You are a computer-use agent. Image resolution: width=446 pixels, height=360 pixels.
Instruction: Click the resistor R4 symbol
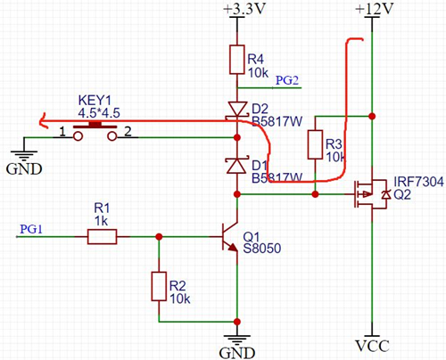pyautogui.click(x=236, y=61)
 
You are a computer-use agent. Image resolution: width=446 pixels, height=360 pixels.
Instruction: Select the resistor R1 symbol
pyautogui.click(x=101, y=236)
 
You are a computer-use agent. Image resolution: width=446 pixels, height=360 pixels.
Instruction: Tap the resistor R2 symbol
pyautogui.click(x=159, y=286)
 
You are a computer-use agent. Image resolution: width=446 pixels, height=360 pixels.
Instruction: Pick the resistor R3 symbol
pyautogui.click(x=313, y=144)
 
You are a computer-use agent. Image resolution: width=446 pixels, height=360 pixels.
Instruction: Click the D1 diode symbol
pyautogui.click(x=236, y=165)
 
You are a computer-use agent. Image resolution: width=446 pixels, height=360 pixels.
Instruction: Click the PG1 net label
pyautogui.click(x=30, y=228)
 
